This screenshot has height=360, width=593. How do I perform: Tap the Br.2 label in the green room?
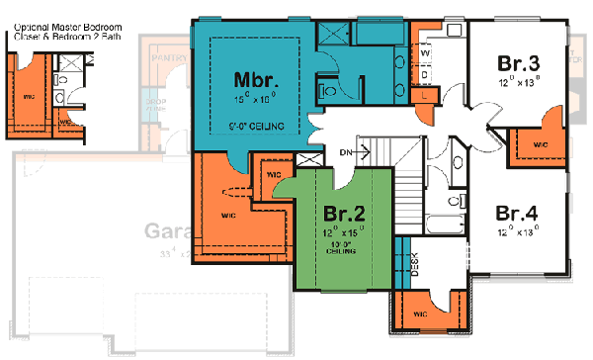pos(344,213)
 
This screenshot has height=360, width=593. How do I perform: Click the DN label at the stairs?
pos(346,152)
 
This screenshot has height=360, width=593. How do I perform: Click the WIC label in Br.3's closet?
pos(539,144)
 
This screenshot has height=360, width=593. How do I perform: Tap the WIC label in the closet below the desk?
pos(419,315)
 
